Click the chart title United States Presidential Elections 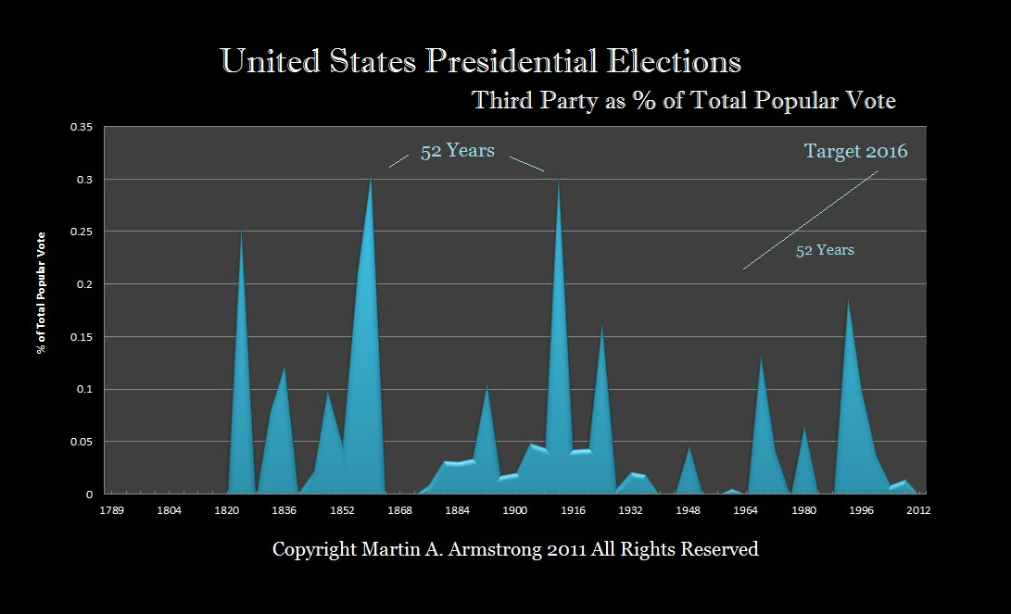click(x=481, y=62)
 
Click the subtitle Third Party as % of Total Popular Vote click(x=684, y=100)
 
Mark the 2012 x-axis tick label click(x=919, y=510)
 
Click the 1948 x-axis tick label click(x=688, y=510)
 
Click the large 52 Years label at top click(x=458, y=152)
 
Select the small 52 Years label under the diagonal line click(x=825, y=250)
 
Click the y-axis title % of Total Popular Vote click(x=42, y=307)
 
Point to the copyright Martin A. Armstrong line click(x=515, y=549)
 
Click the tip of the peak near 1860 click(x=371, y=177)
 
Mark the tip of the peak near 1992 click(x=847, y=299)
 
